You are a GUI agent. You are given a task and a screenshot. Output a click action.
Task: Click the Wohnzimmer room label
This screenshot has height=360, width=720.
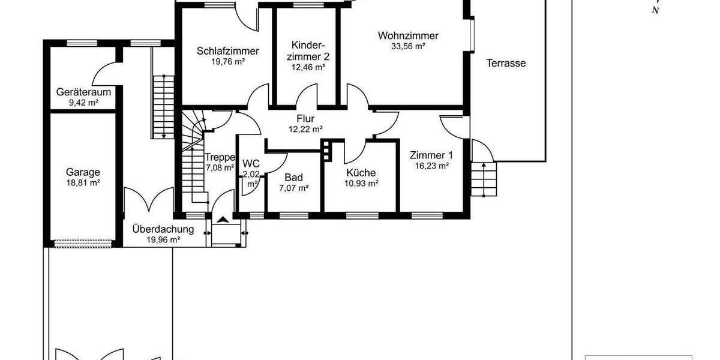click(x=408, y=35)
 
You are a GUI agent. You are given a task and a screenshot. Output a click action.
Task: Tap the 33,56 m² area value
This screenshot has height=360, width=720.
click(x=408, y=46)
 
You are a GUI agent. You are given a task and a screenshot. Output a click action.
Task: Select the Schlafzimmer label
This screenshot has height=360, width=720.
click(x=228, y=51)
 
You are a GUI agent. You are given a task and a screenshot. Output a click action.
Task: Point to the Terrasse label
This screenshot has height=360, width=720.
click(x=506, y=63)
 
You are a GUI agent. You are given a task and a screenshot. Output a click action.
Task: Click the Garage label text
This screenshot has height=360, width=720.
click(x=83, y=172)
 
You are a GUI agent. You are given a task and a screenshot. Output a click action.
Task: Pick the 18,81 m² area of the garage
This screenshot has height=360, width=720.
click(x=83, y=183)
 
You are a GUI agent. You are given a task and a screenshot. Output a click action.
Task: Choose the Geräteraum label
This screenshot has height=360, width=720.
click(x=84, y=92)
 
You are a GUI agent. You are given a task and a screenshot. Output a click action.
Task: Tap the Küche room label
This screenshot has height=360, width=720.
click(x=361, y=173)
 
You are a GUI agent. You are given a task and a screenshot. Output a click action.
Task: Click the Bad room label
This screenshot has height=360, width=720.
click(x=294, y=178)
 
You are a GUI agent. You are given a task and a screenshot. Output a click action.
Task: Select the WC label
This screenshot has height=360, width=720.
click(x=251, y=163)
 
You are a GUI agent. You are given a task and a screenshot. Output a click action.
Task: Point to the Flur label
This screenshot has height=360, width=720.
click(x=305, y=118)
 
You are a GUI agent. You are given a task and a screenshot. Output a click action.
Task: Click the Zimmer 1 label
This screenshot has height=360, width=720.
click(x=431, y=154)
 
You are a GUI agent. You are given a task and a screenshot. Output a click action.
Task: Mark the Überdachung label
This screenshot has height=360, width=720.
click(x=163, y=229)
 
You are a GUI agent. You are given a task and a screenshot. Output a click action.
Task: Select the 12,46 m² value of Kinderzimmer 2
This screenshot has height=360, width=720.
click(x=308, y=68)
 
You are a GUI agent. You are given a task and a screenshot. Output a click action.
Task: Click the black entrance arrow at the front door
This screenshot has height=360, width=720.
click(x=224, y=220)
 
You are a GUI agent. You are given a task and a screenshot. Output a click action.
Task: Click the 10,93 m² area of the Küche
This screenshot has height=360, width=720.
click(x=361, y=184)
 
